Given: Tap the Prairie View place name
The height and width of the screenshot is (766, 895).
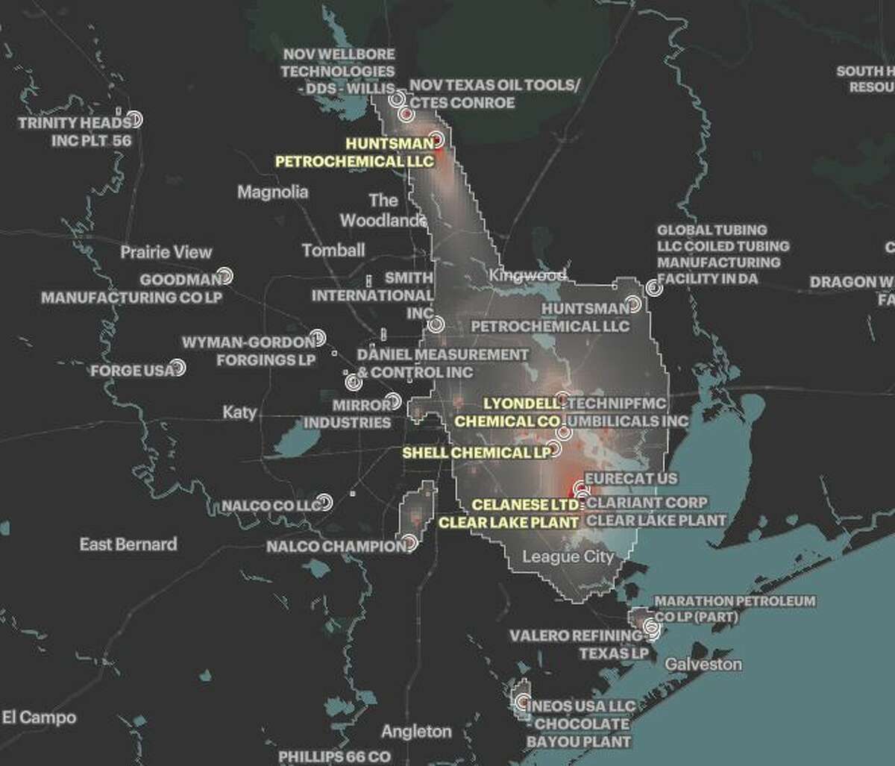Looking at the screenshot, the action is pyautogui.click(x=166, y=252).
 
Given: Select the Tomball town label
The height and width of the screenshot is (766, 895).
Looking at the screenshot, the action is pyautogui.click(x=333, y=251).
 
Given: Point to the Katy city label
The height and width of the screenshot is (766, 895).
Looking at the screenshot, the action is pyautogui.click(x=239, y=412).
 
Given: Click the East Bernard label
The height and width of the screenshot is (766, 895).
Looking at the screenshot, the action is pyautogui.click(x=128, y=544).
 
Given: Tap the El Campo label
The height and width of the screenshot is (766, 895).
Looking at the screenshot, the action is pyautogui.click(x=38, y=718).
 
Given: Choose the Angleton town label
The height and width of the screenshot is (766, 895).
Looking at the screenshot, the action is pyautogui.click(x=416, y=731).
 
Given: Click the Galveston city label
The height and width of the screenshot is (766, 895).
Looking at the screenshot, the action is pyautogui.click(x=703, y=664).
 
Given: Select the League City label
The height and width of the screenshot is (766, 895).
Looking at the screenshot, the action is pyautogui.click(x=568, y=556).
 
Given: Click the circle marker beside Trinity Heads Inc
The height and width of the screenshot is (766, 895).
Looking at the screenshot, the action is pyautogui.click(x=134, y=119).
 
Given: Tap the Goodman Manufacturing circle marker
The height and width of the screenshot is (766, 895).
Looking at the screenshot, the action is pyautogui.click(x=224, y=277).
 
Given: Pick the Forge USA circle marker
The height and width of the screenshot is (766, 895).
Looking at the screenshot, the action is pyautogui.click(x=178, y=368).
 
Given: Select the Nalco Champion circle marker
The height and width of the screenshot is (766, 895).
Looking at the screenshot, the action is pyautogui.click(x=409, y=542).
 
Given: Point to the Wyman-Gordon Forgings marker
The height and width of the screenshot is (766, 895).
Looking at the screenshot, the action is pyautogui.click(x=318, y=338).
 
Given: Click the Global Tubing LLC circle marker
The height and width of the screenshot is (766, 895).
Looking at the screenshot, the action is pyautogui.click(x=653, y=287).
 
